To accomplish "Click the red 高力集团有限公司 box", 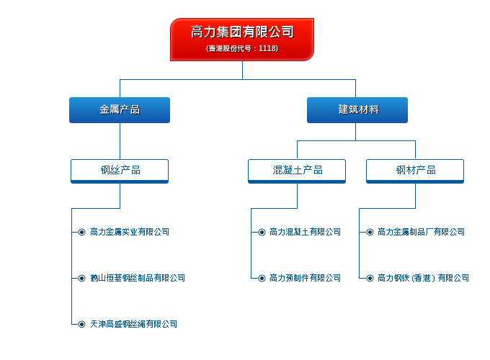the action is pos(242,40).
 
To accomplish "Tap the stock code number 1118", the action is pos(267,48).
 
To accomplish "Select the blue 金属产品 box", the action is pos(120,110).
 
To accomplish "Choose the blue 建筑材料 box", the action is pos(357,110).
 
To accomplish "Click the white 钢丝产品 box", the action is pos(120,171).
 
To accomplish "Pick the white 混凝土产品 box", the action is pos(297,171).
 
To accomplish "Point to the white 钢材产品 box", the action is pos(415,171).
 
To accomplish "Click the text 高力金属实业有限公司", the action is pos(130,232).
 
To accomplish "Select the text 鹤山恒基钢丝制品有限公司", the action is pos(138,278).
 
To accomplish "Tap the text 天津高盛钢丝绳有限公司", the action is pos(134,324).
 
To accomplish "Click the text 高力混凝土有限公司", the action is pos(305,232).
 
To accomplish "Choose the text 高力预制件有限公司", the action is pos(305,278).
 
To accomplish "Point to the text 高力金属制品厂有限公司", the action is pos(421,232).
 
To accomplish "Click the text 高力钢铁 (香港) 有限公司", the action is pos(423,278).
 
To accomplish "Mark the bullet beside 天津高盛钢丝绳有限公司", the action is pos(81,324).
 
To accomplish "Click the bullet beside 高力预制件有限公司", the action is pos(262,278).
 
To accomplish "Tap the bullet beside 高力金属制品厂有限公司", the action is pos(370,232).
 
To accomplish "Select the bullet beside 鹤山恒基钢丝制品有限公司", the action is pos(81,278).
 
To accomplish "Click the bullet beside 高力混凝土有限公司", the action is pos(262,232).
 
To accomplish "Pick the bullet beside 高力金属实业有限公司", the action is pos(81,232).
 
